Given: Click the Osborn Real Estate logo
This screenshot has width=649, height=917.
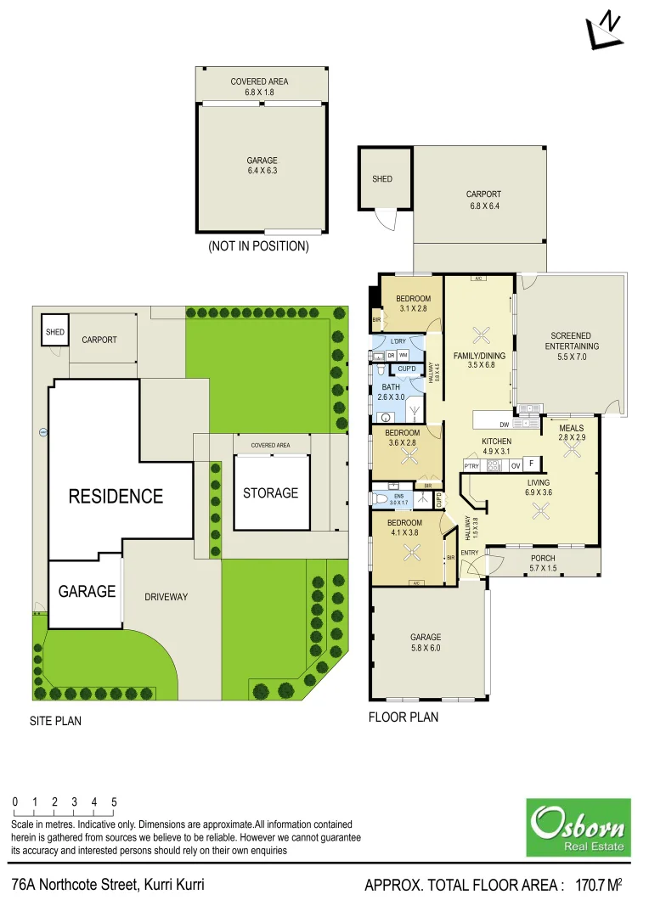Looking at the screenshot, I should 578,827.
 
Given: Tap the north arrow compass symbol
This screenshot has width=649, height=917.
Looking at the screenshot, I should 604,29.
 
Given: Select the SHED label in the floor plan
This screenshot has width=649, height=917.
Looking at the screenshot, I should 382,179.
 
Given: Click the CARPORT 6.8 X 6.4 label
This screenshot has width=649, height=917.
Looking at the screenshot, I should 483,200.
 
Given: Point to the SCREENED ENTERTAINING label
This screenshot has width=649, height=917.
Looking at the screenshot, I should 572,346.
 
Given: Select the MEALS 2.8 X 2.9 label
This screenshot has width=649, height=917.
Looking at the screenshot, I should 572,432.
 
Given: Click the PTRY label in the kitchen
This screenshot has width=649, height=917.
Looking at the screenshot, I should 471,465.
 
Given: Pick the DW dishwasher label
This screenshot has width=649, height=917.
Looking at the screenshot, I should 505,424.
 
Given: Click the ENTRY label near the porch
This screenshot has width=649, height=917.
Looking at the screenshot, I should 469,553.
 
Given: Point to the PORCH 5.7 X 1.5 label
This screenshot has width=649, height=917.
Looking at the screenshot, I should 542,563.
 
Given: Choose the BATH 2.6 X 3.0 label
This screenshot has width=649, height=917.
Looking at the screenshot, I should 391,392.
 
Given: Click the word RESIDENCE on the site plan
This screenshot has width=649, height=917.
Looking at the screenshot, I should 116,496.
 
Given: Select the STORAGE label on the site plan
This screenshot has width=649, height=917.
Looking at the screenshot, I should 271,492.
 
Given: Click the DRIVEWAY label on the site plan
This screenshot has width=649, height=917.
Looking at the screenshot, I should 166,597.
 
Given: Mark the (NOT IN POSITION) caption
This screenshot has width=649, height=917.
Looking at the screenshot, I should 258,247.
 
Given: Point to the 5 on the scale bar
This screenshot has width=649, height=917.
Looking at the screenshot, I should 114,802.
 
